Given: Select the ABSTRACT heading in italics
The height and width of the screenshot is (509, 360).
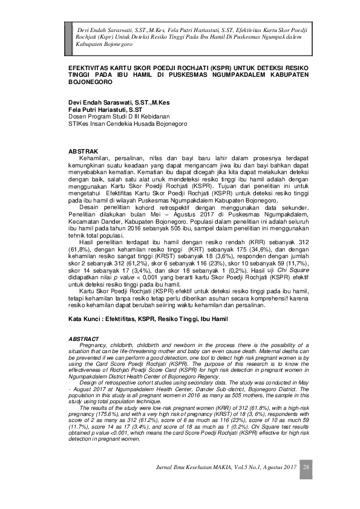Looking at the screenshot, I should (81, 338).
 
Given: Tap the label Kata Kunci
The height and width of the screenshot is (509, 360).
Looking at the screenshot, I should (82, 318).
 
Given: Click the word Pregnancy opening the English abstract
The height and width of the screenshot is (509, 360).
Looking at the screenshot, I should (94, 344).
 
